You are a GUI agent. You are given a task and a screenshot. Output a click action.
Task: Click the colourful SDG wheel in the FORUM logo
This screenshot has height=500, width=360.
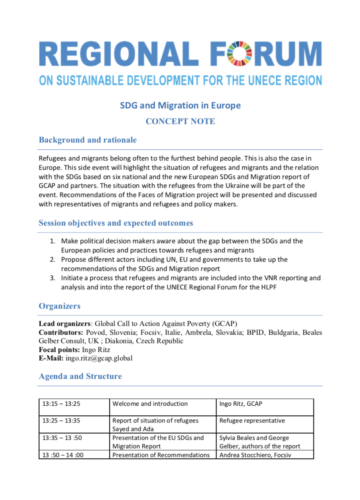tap(239, 54)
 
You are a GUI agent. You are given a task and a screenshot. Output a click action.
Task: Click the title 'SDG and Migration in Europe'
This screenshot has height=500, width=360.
tap(180, 106)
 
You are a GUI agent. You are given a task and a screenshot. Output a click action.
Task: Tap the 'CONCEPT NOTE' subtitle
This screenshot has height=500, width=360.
tap(180, 121)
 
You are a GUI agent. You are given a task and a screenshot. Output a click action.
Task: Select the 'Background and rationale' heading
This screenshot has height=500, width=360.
tap(87, 140)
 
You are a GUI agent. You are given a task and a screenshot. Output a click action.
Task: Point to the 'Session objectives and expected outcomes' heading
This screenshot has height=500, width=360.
tap(116, 223)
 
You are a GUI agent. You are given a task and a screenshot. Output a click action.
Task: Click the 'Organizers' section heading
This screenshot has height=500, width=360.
tap(59, 306)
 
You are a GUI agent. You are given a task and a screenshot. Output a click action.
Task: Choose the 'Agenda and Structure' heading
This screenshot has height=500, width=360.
tap(80, 376)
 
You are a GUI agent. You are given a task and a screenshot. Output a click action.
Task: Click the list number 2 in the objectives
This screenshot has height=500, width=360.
tap(53, 260)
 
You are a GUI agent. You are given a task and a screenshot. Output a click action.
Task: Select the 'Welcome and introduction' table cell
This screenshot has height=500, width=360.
tap(150, 404)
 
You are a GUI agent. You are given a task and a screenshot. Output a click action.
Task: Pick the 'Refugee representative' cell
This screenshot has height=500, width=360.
tap(252, 421)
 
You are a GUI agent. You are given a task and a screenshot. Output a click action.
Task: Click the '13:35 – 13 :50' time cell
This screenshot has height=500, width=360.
tap(62, 438)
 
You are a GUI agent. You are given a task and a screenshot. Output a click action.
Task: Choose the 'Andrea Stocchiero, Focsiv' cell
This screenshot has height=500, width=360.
tap(255, 455)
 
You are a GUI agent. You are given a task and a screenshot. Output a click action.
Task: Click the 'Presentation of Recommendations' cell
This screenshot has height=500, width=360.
tap(161, 455)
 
